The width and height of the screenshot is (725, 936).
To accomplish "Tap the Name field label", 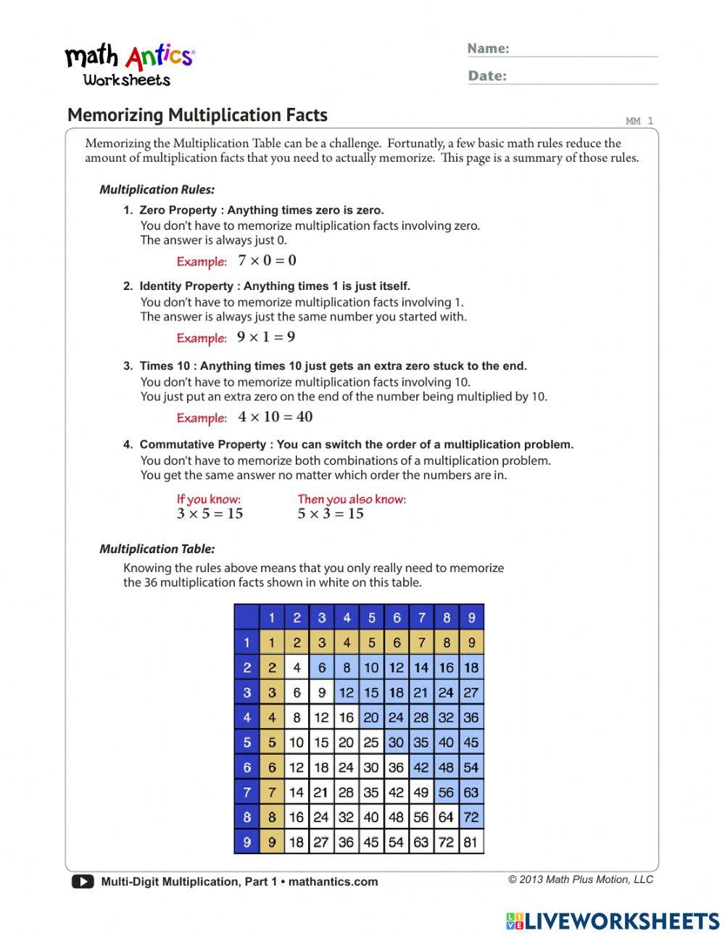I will tap(488, 49).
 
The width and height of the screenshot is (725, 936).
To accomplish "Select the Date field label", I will tap(486, 76).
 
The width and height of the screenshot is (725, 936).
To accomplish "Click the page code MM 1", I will tap(639, 121).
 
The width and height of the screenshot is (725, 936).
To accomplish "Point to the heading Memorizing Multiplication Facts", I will tap(197, 115).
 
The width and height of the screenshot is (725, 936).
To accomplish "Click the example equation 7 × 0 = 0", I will tap(267, 261).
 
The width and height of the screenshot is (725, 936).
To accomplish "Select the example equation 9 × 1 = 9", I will tap(266, 337).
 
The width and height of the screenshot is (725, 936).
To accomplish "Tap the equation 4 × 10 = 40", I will tap(275, 417).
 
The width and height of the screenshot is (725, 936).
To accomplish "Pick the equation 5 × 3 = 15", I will tap(331, 514).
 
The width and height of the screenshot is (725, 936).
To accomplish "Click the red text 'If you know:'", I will tap(209, 499).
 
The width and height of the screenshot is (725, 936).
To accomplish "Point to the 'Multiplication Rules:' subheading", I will tap(157, 190).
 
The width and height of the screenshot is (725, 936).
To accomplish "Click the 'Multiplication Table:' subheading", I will tap(157, 550).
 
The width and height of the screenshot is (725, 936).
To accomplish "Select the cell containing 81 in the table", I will tap(471, 842).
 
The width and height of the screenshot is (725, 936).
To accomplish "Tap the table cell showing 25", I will tap(371, 742).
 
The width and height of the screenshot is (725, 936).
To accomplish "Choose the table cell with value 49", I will tap(421, 792).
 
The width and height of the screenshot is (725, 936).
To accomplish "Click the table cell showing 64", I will tap(446, 817).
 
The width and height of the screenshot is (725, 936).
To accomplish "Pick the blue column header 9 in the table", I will tap(471, 618).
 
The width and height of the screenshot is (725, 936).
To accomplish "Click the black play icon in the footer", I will tap(83, 882).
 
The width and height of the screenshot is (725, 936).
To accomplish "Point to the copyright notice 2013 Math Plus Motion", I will tap(580, 879).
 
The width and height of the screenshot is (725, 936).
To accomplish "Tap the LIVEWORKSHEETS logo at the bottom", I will tap(612, 921).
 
